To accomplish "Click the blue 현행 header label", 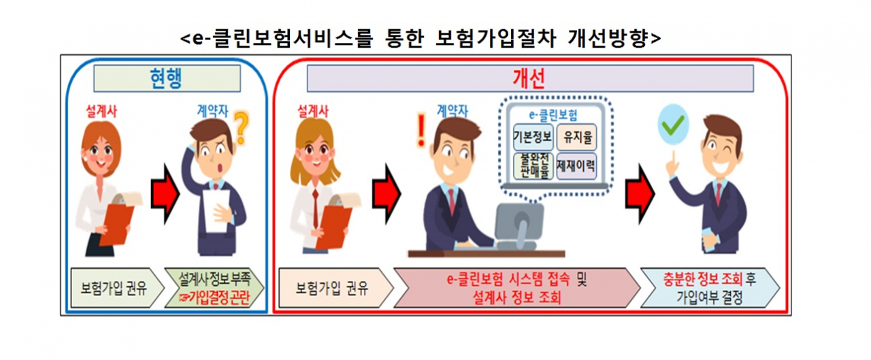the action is [166, 78].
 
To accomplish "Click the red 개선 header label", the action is [529, 78].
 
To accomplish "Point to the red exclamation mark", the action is [421, 130].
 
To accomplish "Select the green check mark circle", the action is [673, 125].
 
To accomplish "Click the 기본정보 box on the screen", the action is [533, 137].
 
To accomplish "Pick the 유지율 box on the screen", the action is [576, 137].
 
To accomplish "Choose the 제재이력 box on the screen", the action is [576, 166].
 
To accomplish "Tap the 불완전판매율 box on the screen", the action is [533, 166].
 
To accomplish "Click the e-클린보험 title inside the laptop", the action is [553, 115].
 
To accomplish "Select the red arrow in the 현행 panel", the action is [165, 194].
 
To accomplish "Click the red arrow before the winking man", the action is [640, 194].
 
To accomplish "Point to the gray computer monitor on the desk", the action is [519, 225].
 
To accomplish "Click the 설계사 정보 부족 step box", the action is [214, 288].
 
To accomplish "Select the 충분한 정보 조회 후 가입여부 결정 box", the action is [710, 288].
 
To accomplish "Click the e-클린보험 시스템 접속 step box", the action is [517, 288].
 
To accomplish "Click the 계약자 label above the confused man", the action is [212, 112].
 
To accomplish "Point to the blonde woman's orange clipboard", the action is [333, 227].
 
